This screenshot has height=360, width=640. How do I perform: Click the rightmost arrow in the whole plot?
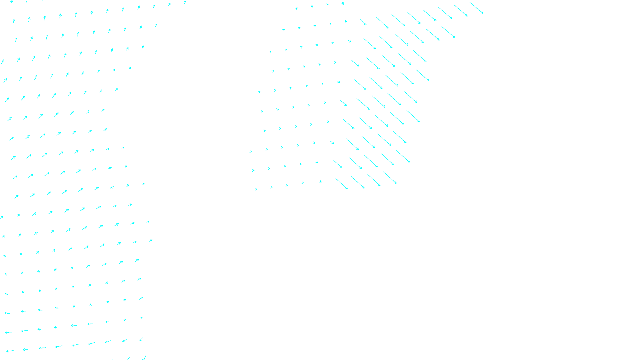[476, 8]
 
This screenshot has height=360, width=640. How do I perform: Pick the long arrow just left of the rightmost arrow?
[461, 11]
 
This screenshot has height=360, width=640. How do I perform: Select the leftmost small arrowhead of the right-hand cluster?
[251, 152]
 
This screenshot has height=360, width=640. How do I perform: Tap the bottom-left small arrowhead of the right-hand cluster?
[256, 189]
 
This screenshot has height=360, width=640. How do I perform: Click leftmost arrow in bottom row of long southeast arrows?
[342, 184]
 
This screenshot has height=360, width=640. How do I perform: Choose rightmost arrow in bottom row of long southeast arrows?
[390, 178]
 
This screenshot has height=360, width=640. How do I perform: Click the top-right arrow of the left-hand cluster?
[185, 2]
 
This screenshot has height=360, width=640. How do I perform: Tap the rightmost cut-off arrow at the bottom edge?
[144, 358]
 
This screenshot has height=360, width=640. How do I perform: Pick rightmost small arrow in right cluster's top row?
[342, 4]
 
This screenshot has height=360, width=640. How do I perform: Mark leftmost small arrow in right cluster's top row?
[296, 8]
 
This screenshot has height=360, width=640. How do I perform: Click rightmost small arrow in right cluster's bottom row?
[320, 182]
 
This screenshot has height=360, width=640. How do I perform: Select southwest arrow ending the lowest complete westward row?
[141, 339]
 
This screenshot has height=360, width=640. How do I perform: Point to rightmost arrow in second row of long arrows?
[448, 32]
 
